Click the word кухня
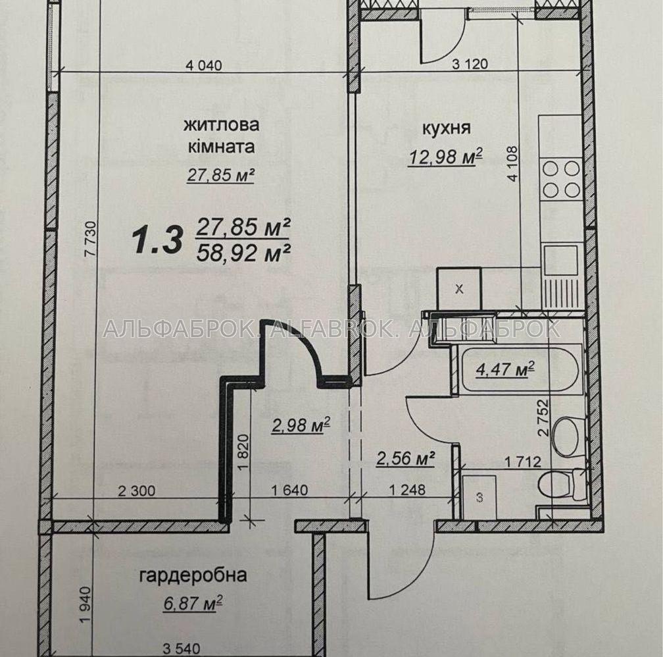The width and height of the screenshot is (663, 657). pos(447,128)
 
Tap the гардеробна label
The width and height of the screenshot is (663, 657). pos(193,576)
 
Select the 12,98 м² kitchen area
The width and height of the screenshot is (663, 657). pos(445,157)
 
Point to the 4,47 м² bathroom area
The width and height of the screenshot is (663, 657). pos(505,369)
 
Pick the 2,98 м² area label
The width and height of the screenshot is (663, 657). pos(301,425)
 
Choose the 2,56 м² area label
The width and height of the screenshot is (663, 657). pos(405,458)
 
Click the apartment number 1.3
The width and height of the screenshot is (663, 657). pos(157,240)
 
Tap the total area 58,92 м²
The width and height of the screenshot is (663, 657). pos(243,253)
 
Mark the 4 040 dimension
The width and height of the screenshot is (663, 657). pos(204,66)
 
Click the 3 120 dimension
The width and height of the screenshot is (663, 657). pos(470,64)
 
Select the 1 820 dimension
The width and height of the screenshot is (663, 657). pos(242,452)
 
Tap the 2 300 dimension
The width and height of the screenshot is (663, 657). pos(137,491)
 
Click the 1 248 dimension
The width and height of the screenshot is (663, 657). pos(406,490)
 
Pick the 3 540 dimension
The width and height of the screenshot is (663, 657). pos(182,648)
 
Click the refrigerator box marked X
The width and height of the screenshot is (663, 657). pos(459,289)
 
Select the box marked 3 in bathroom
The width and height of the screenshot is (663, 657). pos(479,497)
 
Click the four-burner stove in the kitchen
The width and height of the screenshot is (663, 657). pos(561,179)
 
